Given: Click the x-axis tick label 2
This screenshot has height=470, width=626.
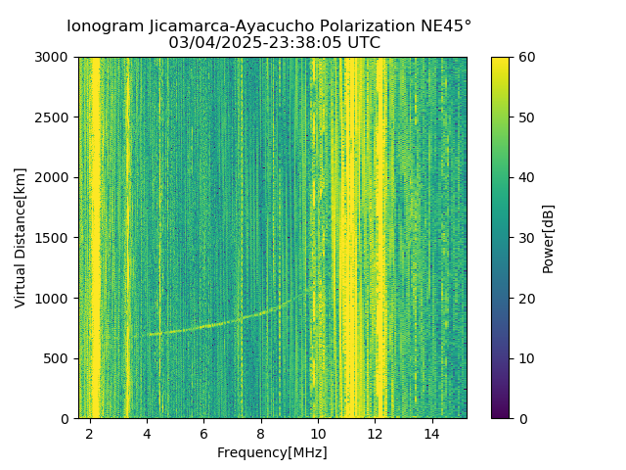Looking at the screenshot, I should point(90,434).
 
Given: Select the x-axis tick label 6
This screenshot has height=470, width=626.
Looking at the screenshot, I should point(203,434).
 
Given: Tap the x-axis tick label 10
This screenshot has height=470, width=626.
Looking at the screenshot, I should point(318,434).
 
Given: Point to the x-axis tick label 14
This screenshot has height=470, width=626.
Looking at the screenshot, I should point(431,434).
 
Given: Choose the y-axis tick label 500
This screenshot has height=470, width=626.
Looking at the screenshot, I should point(58,358).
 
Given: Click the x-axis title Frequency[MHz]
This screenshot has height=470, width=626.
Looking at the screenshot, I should point(272,452).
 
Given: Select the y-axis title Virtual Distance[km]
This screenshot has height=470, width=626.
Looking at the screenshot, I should point(21,238).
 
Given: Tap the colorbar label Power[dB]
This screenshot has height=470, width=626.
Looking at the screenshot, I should point(549,238).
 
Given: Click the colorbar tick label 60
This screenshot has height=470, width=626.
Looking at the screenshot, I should point(526,58).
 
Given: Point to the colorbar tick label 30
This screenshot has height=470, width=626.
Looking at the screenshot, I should point(526,238).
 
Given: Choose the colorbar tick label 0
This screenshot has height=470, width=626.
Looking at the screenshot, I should point(522,418).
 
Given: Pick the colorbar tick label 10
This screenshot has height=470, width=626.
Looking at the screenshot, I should point(526,358).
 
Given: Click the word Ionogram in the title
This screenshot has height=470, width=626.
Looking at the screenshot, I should point(105,26).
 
